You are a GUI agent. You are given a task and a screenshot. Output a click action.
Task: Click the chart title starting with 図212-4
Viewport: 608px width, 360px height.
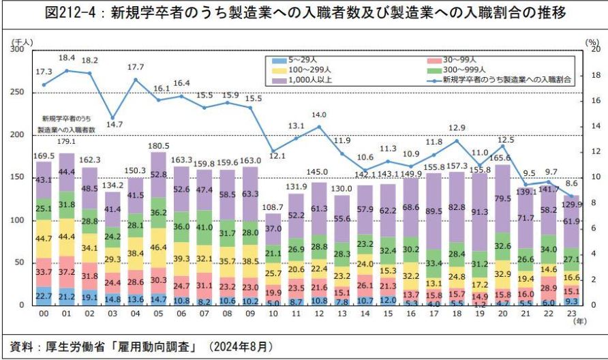pyautogui.click(x=303, y=14)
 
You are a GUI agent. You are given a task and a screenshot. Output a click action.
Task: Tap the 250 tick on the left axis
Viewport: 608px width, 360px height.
pyautogui.click(x=16, y=92)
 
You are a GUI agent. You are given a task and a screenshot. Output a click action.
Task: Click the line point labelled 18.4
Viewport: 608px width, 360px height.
pyautogui.click(x=67, y=70)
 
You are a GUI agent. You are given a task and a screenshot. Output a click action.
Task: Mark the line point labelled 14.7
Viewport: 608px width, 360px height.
pyautogui.click(x=113, y=117)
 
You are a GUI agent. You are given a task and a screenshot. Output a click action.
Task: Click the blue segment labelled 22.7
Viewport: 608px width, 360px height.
pyautogui.click(x=44, y=295)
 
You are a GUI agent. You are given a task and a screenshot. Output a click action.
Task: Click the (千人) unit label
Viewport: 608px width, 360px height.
pyautogui.click(x=21, y=43)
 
